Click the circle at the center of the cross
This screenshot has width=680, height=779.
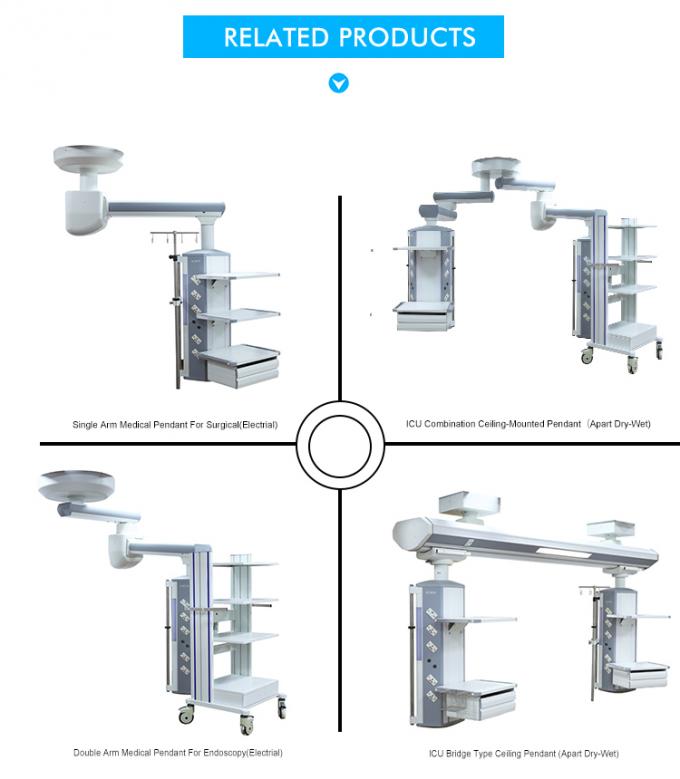click(339, 441)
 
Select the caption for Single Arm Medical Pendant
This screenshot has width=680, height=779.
click(175, 425)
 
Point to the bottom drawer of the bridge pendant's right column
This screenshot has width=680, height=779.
click(628, 680)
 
